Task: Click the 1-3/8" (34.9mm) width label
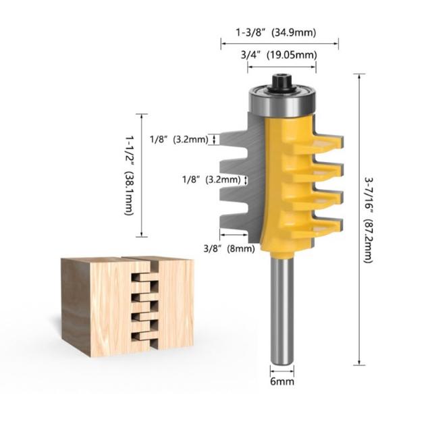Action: [276, 33]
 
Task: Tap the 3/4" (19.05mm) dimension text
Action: [279, 55]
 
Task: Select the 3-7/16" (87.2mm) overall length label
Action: [369, 219]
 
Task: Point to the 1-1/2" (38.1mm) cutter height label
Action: [130, 175]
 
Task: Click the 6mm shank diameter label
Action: [282, 381]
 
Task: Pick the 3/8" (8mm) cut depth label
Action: [230, 249]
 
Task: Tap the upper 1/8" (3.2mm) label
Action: [179, 140]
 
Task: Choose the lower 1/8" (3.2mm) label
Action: [211, 180]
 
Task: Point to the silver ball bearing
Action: [282, 101]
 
